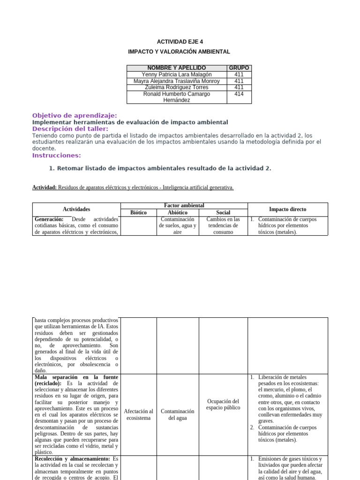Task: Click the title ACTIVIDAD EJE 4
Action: click(180, 42)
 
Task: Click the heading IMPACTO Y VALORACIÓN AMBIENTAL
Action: click(180, 52)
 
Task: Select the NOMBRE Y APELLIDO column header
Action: click(176, 68)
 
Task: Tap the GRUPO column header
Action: click(239, 68)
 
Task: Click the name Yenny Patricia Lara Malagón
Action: click(176, 75)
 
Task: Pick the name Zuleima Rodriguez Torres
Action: click(176, 87)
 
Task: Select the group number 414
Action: click(239, 94)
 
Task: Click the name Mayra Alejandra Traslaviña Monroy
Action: click(176, 81)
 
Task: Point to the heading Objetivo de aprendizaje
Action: click(75, 115)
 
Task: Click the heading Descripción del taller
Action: click(70, 129)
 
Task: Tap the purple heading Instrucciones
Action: click(56, 155)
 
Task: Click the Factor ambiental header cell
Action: click(184, 206)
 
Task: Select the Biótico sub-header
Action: click(138, 212)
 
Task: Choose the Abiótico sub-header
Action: click(178, 212)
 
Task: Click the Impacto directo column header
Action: click(287, 209)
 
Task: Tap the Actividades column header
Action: click(76, 209)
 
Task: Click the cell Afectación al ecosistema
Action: click(138, 414)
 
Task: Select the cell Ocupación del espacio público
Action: click(223, 404)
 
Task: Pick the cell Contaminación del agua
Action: click(178, 414)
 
